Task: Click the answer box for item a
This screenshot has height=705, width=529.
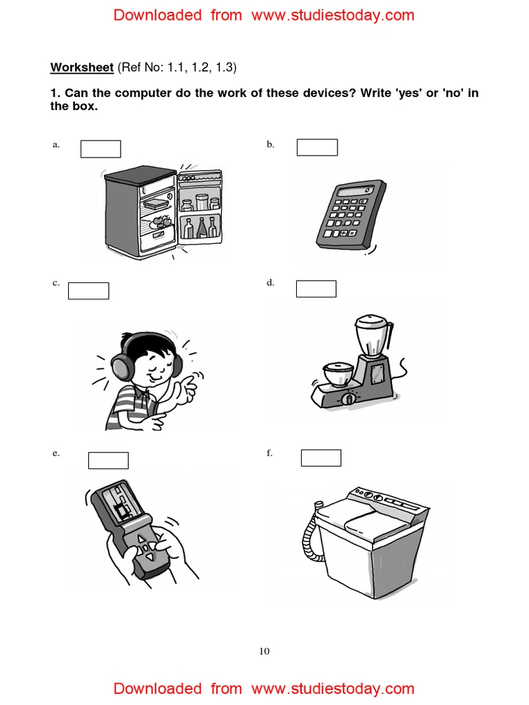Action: click(x=101, y=149)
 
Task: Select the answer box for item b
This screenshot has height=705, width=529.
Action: click(x=317, y=147)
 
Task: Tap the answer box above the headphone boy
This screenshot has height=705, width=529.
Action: click(x=88, y=291)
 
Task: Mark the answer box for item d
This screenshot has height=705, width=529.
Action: click(x=316, y=288)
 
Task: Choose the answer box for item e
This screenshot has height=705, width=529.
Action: click(x=108, y=460)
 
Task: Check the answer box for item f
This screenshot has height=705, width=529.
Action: click(x=321, y=458)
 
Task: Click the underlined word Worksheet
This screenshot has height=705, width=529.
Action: click(x=81, y=67)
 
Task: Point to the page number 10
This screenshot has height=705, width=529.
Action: click(x=264, y=651)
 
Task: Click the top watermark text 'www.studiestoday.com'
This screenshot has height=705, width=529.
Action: click(x=333, y=15)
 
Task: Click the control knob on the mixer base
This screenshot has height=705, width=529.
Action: click(x=349, y=399)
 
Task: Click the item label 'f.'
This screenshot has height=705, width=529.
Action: click(x=269, y=453)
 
